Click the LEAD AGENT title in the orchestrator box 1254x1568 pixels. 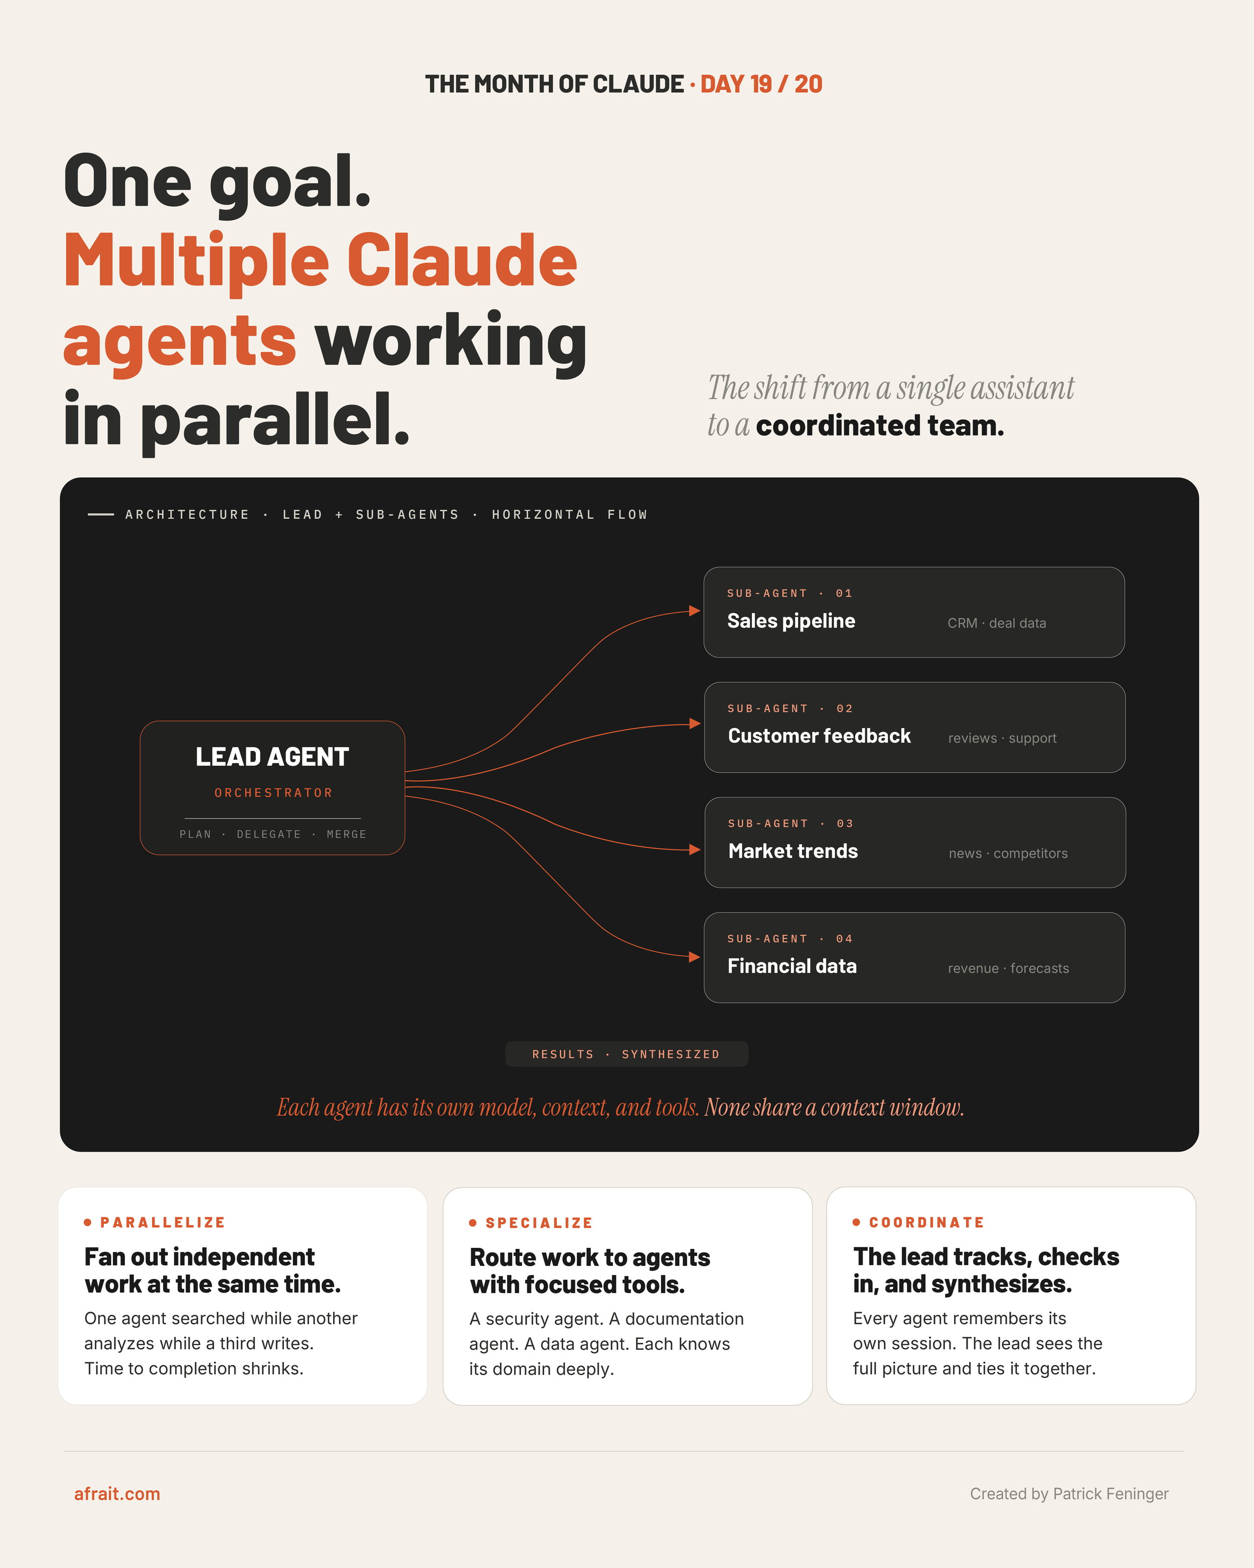pos(272,757)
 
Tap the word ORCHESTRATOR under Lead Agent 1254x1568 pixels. pos(273,793)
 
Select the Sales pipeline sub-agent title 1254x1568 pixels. pos(791,621)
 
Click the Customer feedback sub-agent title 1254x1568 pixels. pos(819,736)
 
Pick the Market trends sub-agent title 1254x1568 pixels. pos(793,851)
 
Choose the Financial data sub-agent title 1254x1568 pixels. pos(792,966)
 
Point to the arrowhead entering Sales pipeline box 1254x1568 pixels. pos(694,611)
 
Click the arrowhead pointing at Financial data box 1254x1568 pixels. pos(694,957)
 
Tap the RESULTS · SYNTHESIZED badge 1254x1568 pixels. pos(626,1054)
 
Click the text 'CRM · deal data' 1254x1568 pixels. pos(997,623)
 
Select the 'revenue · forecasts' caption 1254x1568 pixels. pos(1008,969)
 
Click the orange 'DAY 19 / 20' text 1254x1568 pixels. pos(761,84)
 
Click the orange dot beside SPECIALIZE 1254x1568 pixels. pos(473,1223)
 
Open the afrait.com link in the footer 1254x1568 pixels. pos(117,1494)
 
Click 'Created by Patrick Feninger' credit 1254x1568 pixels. pos(1068,1494)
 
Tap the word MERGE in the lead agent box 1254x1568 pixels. pos(347,834)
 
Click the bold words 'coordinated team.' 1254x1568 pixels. pos(880,425)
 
